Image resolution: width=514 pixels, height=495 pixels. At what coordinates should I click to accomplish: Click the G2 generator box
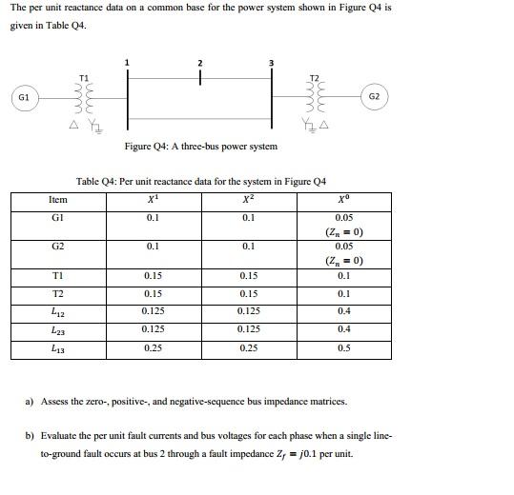pos(374,97)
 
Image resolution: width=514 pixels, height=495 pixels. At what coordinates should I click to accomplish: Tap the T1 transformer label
pos(83,76)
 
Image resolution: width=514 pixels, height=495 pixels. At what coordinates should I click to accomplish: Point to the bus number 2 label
pos(199,63)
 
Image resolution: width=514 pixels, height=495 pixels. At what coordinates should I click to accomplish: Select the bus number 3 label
pos(273,63)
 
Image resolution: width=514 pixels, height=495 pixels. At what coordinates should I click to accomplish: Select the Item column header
pos(57,200)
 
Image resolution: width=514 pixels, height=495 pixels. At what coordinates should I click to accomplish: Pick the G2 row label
pos(57,247)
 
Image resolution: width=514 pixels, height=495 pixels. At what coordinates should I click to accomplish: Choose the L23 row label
pos(57,329)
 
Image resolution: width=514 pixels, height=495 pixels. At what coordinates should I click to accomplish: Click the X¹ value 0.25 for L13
pos(153,348)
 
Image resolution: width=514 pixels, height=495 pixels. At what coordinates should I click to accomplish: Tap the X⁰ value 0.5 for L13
pos(343,348)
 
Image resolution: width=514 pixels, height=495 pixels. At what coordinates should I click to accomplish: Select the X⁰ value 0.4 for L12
pos(343,311)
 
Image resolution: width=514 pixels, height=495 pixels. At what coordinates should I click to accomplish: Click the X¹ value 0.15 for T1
pos(153,276)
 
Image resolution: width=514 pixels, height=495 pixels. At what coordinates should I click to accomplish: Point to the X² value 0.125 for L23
pos(248,329)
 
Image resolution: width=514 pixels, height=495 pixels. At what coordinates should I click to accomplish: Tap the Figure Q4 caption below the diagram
pos(201,147)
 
